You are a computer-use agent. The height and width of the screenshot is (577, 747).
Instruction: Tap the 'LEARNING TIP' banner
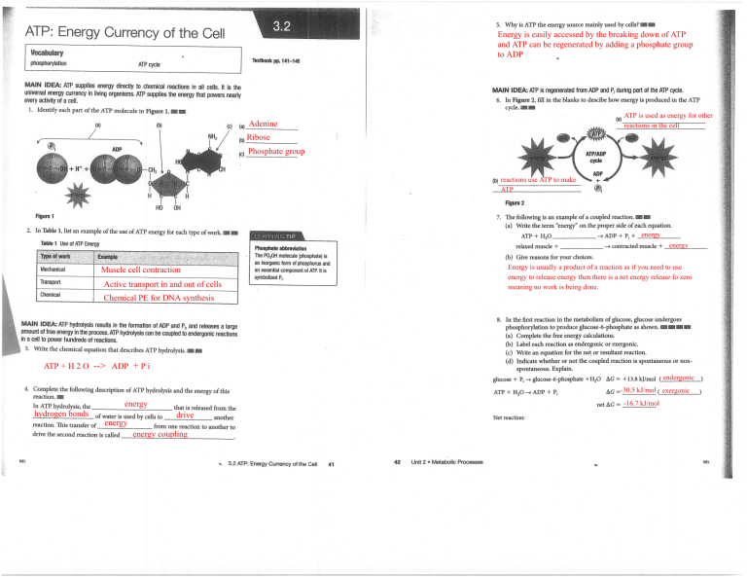pyautogui.click(x=282, y=234)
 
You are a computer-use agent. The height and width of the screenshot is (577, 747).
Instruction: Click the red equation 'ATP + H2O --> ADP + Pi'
pyautogui.click(x=96, y=367)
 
